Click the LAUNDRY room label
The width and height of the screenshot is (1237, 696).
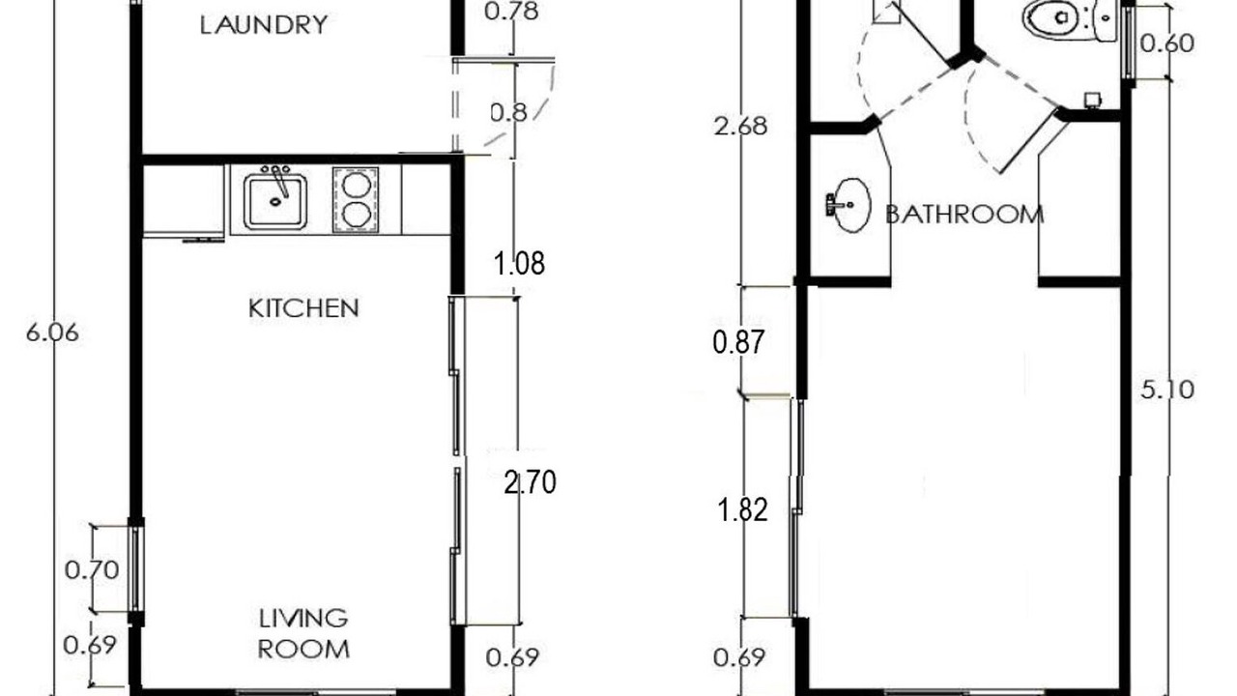(x=264, y=25)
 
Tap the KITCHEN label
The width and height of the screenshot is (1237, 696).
(x=303, y=308)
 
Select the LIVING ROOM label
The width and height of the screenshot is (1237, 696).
(x=303, y=633)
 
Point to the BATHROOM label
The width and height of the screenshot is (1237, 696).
(x=964, y=215)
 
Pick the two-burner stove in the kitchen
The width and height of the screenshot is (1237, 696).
(x=356, y=199)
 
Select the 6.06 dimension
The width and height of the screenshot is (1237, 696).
(x=52, y=333)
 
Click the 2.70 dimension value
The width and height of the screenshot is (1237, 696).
(x=531, y=482)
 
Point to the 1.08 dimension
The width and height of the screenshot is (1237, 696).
(x=519, y=264)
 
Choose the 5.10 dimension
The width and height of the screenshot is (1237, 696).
(x=1167, y=390)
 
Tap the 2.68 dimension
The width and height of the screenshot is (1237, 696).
(x=740, y=127)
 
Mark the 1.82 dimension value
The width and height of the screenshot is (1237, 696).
(x=742, y=509)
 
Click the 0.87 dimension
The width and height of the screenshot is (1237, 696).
(x=738, y=342)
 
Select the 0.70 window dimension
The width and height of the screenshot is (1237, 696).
(x=92, y=569)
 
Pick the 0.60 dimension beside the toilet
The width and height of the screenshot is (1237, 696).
(x=1166, y=43)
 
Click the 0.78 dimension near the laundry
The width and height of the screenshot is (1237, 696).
(x=511, y=11)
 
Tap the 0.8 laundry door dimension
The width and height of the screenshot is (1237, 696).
(x=509, y=113)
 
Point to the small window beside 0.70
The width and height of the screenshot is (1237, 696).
(x=136, y=569)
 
